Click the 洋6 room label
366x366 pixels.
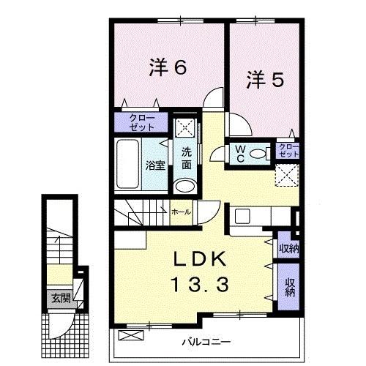[x=168, y=67]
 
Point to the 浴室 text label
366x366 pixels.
[x=154, y=165]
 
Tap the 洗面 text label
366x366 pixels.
[x=187, y=158]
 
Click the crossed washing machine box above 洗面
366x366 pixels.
[x=185, y=125]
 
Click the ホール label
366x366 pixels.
[x=180, y=212]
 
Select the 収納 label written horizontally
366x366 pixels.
[x=287, y=248]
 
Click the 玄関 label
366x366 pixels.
[x=59, y=298]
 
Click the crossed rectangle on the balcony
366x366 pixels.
[x=129, y=336]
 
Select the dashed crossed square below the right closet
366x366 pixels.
[x=287, y=176]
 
